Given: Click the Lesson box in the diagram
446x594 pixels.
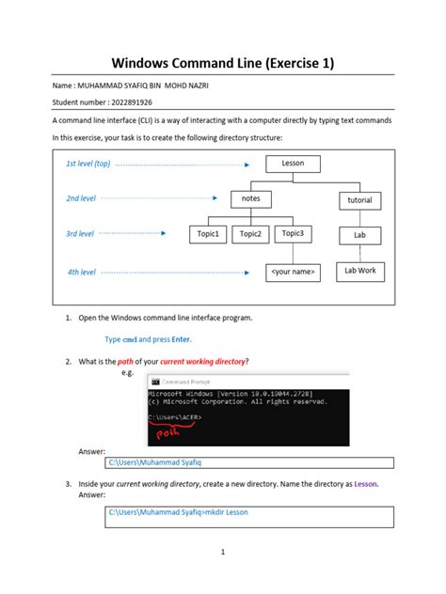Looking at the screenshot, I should pyautogui.click(x=293, y=164).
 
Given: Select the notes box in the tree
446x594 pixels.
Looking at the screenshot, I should pyautogui.click(x=250, y=199).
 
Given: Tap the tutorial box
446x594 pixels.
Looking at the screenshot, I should pyautogui.click(x=359, y=200).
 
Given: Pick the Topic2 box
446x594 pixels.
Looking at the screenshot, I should pyautogui.click(x=250, y=234).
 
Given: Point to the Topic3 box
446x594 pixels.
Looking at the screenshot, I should pyautogui.click(x=294, y=234).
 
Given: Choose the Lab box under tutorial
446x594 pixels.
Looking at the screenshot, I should pyautogui.click(x=359, y=235).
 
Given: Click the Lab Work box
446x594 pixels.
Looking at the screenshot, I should pyautogui.click(x=359, y=271).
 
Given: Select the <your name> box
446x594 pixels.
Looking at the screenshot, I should pyautogui.click(x=293, y=272).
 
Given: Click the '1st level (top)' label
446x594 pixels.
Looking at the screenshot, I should pyautogui.click(x=88, y=164).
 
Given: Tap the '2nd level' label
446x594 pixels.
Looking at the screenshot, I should pyautogui.click(x=81, y=199).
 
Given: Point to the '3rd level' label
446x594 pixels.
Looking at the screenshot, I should pyautogui.click(x=80, y=233).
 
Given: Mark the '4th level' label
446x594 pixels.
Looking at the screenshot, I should pyautogui.click(x=81, y=272).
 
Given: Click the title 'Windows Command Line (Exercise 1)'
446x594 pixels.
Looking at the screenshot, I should pyautogui.click(x=223, y=64).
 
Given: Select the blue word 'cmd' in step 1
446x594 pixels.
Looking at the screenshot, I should pyautogui.click(x=130, y=338).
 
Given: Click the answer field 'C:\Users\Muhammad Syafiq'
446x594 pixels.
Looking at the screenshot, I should pyautogui.click(x=247, y=462).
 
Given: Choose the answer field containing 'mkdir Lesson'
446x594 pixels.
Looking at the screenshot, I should pyautogui.click(x=247, y=512).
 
